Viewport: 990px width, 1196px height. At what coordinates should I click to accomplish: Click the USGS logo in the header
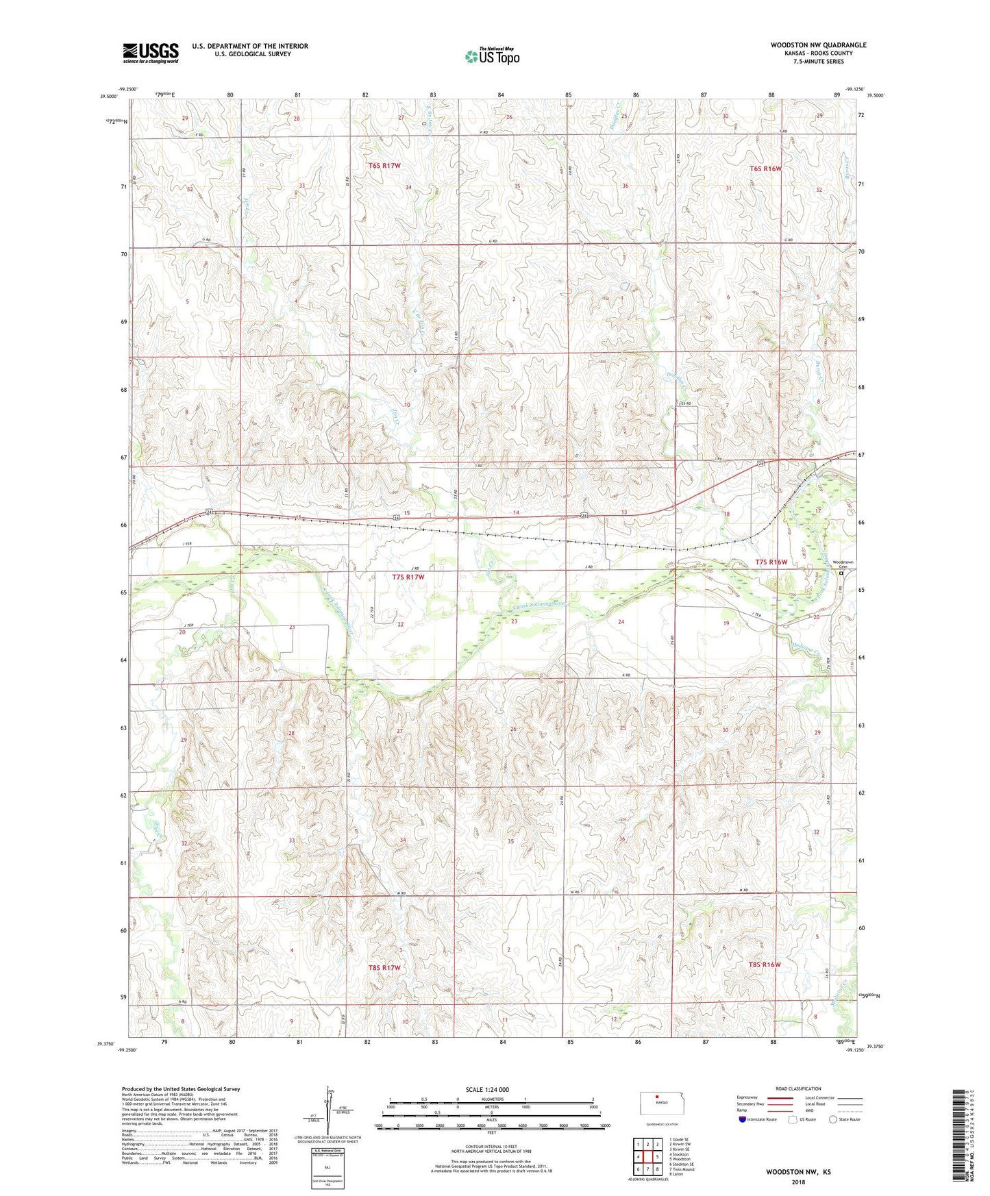click(151, 53)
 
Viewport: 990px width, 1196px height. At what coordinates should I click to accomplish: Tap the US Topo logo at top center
click(491, 56)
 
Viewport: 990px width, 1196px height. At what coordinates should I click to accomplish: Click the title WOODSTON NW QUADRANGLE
click(818, 45)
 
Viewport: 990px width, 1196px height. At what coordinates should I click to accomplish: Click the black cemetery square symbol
click(841, 575)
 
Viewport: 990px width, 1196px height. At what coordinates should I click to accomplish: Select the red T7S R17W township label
click(408, 577)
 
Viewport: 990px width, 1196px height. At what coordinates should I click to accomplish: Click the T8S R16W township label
click(765, 964)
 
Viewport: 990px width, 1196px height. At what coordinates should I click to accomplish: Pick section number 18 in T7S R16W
click(727, 514)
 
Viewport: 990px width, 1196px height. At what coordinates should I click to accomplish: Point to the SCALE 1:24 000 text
click(486, 1089)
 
